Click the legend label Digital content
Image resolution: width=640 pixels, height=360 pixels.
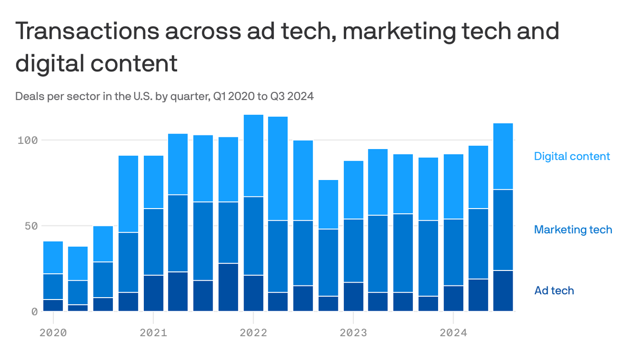pyautogui.click(x=572, y=156)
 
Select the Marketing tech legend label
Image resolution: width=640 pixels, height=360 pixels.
pyautogui.click(x=573, y=230)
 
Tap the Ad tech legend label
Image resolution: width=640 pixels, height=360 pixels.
pyautogui.click(x=554, y=291)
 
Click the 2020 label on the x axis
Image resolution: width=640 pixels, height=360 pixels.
pyautogui.click(x=53, y=333)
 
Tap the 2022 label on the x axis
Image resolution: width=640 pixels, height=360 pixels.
pyautogui.click(x=253, y=333)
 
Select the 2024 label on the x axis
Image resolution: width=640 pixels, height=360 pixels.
pyautogui.click(x=453, y=333)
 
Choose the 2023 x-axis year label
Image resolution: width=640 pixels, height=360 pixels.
pyautogui.click(x=353, y=333)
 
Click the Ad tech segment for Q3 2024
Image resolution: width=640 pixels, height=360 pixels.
pyautogui.click(x=504, y=291)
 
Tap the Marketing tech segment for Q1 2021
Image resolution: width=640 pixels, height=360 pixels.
pyautogui.click(x=153, y=242)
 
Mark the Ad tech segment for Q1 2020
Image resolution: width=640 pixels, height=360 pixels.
pyautogui.click(x=53, y=305)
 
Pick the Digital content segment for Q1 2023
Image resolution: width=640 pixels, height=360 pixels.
pyautogui.click(x=353, y=190)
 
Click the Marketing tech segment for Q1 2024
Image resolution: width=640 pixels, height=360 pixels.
pyautogui.click(x=453, y=252)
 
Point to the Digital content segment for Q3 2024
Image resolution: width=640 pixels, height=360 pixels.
pyautogui.click(x=504, y=156)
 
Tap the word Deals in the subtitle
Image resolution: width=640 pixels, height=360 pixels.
pyautogui.click(x=27, y=97)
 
